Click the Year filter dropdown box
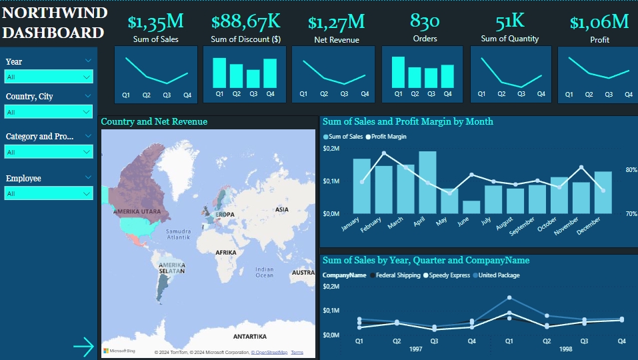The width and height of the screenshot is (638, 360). (x=48, y=77)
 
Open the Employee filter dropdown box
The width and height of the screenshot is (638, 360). (x=48, y=193)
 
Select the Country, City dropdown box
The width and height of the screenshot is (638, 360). (x=48, y=112)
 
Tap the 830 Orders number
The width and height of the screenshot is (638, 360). (x=425, y=21)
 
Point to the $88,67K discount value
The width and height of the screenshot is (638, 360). (x=245, y=22)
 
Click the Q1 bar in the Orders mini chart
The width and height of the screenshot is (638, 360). (x=398, y=72)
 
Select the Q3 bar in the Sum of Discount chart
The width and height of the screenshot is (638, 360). (x=253, y=79)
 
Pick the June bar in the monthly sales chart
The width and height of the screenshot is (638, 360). (x=471, y=207)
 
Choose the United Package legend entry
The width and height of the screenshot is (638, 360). (x=497, y=275)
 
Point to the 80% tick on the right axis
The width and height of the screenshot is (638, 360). (x=631, y=170)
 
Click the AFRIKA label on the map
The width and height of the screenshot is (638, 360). (x=225, y=253)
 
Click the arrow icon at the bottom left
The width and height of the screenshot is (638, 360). (x=84, y=346)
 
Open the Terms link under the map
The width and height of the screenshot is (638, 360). (x=297, y=352)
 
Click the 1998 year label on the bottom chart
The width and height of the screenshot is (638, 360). (x=566, y=349)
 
